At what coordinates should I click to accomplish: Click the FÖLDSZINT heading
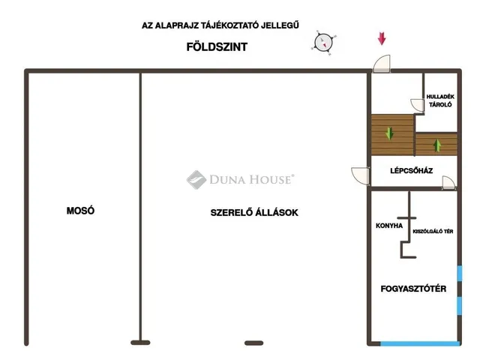[x=217, y=46]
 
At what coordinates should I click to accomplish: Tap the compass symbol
[x=323, y=43]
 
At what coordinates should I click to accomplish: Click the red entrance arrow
[x=382, y=38]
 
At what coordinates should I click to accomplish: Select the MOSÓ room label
[x=80, y=210]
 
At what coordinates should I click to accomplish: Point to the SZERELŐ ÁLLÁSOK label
[x=254, y=212]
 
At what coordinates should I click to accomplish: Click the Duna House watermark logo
[x=240, y=180]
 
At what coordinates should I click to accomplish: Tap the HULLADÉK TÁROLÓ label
[x=440, y=100]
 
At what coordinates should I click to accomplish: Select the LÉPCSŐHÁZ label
[x=412, y=170]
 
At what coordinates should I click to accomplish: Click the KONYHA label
[x=389, y=226]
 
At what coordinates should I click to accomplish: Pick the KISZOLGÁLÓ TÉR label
[x=433, y=232]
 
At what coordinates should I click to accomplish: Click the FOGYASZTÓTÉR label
[x=413, y=288]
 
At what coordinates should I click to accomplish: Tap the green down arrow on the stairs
[x=389, y=133]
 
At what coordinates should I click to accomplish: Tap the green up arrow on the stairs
[x=437, y=145]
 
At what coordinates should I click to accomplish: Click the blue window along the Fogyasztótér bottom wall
[x=420, y=343]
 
